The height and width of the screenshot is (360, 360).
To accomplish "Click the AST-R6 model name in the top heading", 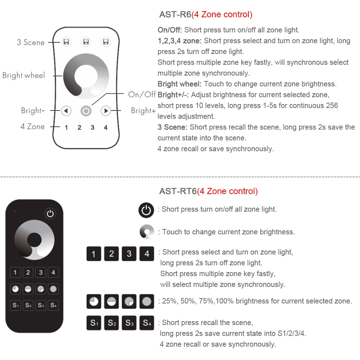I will pos(175,15).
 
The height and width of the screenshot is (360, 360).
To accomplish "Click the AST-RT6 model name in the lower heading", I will pos(178,191).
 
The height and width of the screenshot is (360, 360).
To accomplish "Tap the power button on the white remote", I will pos(86,111).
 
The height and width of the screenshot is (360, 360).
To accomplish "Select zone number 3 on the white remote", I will pos(93,127).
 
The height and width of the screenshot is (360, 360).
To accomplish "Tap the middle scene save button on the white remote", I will pos(86,42).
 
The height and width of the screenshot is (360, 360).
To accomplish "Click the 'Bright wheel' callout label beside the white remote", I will pos(24,76).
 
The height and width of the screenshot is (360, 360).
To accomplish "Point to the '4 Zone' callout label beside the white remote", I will pos(32,127).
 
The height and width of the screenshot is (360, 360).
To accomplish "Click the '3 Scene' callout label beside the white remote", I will pos(31,42).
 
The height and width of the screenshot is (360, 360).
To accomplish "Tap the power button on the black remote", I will pos(50,214).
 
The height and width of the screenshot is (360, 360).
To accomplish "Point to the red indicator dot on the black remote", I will pos(15,211).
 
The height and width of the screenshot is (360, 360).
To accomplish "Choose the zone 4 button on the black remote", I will pos(53,273).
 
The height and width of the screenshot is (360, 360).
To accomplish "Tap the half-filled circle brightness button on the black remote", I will pos(28,289).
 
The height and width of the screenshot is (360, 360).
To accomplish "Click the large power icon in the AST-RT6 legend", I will pos(146,210).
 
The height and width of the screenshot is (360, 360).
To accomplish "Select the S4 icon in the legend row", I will pos(147,323).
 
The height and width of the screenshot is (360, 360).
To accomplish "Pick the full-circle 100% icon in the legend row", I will pos(147,301).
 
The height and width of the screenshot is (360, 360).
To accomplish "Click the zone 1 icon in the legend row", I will pos(94,254).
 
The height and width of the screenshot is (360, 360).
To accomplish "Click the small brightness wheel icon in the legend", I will pos(147,232).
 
